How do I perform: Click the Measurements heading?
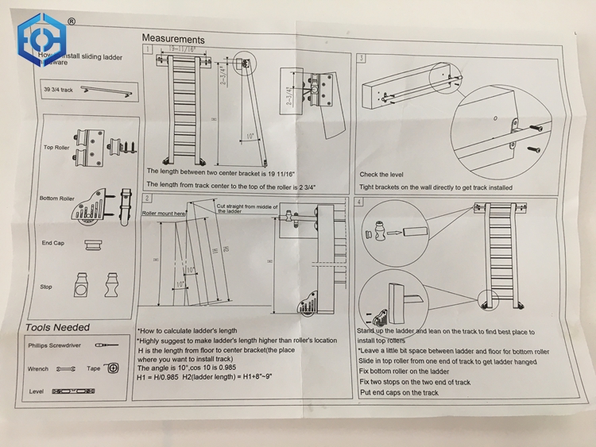172,39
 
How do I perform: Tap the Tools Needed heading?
57,327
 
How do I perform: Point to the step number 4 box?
360,202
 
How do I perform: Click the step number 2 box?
147,197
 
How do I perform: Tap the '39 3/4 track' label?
58,91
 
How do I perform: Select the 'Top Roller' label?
58,148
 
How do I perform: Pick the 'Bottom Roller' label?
56,198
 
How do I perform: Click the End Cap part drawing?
93,245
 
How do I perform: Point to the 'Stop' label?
46,287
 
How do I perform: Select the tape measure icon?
113,368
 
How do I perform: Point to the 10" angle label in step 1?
250,136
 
